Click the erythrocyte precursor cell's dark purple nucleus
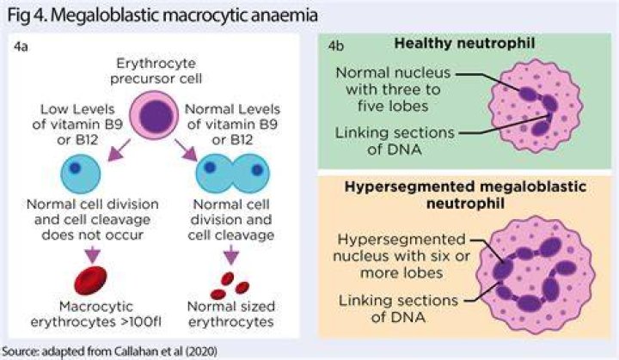coord(156,117)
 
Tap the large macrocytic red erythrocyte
coord(91,281)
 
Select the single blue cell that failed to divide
coord(81,174)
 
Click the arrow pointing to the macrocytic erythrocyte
coord(93,254)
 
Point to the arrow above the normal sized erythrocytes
coord(231,254)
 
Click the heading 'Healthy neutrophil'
coord(464,43)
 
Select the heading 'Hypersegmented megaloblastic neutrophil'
coord(465,195)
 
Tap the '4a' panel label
coord(21,46)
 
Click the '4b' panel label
coord(336,46)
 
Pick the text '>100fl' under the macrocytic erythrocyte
coord(144,321)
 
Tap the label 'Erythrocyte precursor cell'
coord(156,70)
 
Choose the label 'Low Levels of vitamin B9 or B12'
coord(77,125)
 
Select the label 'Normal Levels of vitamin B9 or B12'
coord(232,125)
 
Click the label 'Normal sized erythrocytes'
coord(231,314)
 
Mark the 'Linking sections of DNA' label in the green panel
coord(395,141)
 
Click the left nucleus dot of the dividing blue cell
coord(210,167)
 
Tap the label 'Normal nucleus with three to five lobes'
coord(393,89)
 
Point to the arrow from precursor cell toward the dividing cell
coord(186,150)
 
